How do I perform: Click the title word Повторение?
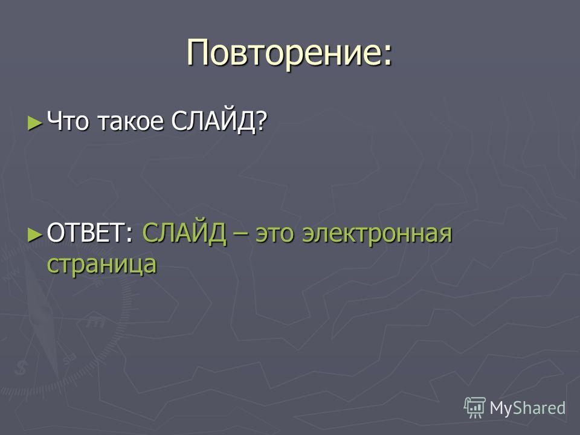[x=284, y=53]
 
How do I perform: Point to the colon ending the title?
[x=387, y=56]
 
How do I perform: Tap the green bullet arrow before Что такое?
[x=35, y=123]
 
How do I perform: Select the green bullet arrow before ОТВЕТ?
[x=35, y=234]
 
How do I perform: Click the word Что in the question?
[x=68, y=121]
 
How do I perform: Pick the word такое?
[x=130, y=122]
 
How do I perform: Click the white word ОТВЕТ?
[x=86, y=233]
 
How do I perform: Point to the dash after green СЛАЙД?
[x=240, y=235]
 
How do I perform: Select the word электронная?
[x=377, y=234]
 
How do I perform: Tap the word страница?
[x=101, y=265]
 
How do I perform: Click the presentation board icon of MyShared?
[x=475, y=407]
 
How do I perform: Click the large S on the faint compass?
[x=21, y=368]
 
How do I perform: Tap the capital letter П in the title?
[x=198, y=53]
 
